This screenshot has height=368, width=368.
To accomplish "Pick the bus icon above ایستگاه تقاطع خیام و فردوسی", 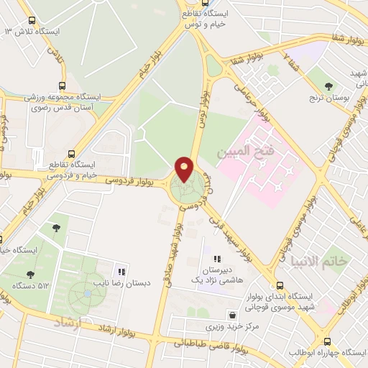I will click(70, 153).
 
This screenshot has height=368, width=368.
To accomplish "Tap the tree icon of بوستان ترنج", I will click(328, 86).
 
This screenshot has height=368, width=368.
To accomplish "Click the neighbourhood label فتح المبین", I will click(242, 152).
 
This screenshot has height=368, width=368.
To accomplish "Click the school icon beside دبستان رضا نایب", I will click(121, 272).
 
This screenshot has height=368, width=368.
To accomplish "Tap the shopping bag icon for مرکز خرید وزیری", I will click(231, 315).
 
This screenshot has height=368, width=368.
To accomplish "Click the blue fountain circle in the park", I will click(87, 293).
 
